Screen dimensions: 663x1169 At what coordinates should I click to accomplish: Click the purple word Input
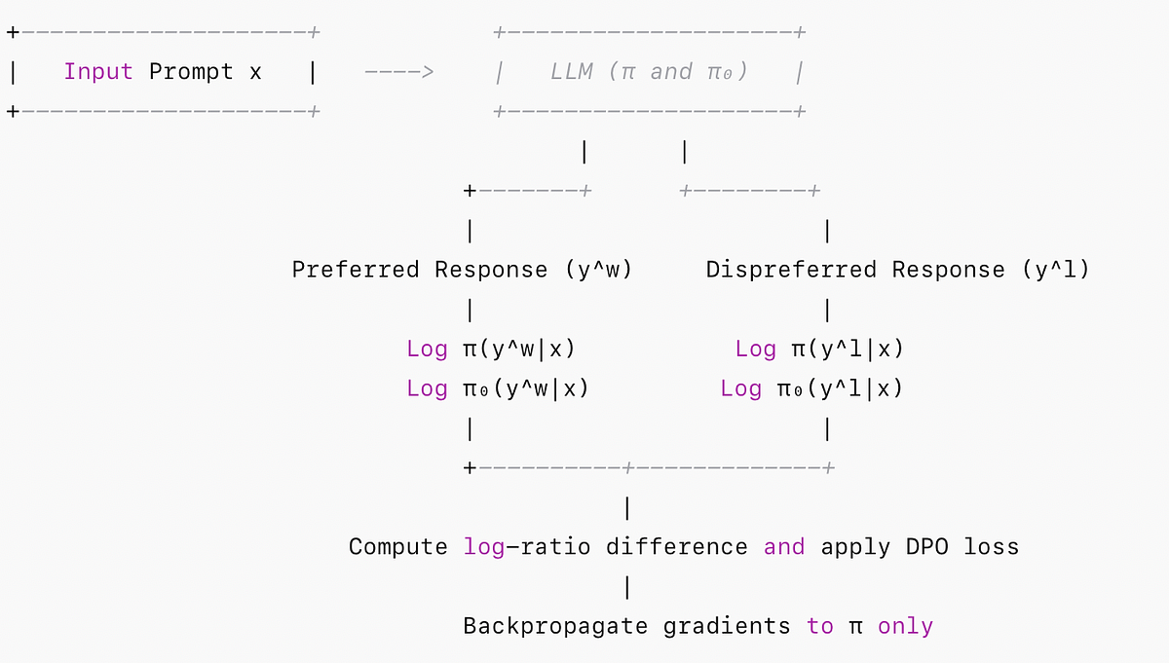(98, 72)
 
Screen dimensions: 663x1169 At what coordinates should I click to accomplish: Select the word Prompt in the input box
(191, 72)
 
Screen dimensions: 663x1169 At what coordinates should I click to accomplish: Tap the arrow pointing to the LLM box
(398, 72)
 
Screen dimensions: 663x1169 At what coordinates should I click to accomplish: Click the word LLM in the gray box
(571, 72)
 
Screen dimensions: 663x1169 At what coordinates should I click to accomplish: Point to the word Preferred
(356, 270)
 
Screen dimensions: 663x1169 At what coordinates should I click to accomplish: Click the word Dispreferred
(791, 270)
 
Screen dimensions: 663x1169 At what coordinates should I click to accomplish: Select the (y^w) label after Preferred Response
(598, 270)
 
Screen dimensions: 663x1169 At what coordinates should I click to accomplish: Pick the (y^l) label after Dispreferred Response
(1056, 270)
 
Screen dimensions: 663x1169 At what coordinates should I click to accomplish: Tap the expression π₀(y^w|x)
(525, 388)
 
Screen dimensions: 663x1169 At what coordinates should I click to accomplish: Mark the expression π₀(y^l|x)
(840, 388)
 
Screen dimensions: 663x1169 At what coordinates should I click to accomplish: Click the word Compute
(398, 547)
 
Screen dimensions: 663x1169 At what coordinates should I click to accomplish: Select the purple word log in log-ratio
(484, 547)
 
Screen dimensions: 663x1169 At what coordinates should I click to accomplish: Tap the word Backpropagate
(555, 626)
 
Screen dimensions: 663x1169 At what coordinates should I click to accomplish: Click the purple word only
(905, 626)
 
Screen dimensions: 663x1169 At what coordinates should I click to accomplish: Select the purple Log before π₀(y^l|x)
(741, 388)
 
